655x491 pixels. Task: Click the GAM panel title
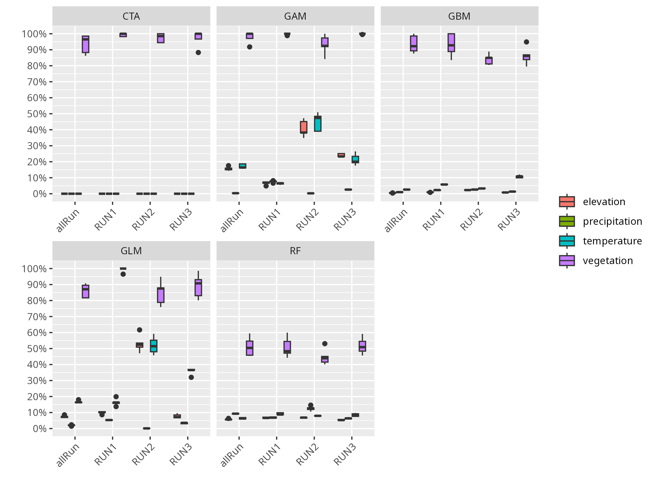295,16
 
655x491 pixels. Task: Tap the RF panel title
295,251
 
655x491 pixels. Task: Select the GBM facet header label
459,16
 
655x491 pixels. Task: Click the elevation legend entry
604,202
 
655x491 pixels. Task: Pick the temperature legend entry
612,241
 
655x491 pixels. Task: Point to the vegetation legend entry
608,261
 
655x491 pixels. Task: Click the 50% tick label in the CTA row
37,114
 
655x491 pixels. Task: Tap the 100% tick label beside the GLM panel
34,269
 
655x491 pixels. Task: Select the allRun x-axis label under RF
232,455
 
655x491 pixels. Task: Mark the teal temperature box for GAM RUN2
318,124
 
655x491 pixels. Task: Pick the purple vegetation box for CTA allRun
86,44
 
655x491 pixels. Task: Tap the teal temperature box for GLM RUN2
154,346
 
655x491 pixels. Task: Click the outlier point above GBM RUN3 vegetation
526,42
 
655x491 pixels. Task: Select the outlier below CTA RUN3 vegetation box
198,53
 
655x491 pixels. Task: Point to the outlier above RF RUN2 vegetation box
325,344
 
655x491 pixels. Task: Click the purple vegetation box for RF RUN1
287,347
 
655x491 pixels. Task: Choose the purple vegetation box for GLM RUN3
198,288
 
